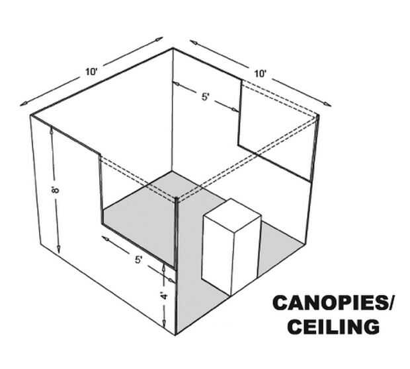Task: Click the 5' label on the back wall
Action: (x=206, y=96)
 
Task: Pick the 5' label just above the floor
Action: (x=138, y=259)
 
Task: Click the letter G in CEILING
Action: (x=375, y=326)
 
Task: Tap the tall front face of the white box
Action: (x=218, y=253)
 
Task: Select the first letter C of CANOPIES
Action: (x=280, y=304)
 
